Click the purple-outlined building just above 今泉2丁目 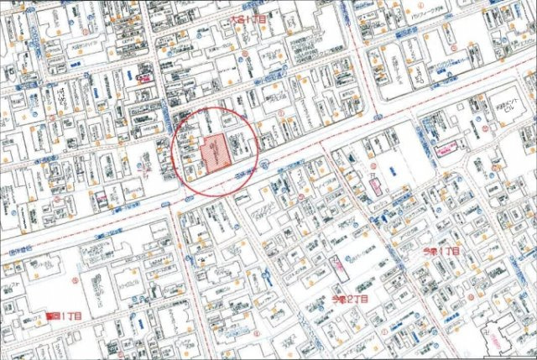[339, 268]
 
